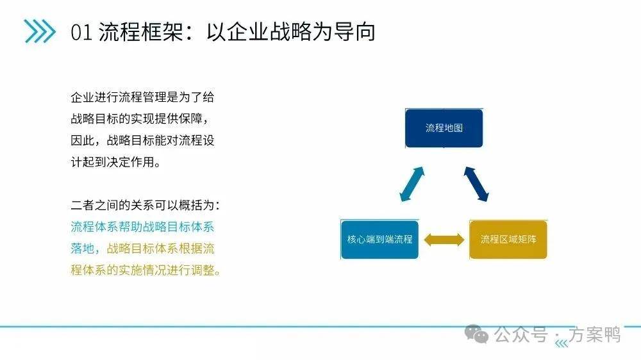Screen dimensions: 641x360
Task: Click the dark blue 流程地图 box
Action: point(444,128)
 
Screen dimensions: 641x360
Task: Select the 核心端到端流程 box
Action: point(379,240)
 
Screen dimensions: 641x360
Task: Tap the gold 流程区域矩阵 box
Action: point(508,240)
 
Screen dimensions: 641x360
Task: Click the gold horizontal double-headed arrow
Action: point(444,240)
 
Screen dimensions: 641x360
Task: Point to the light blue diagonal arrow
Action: point(412,184)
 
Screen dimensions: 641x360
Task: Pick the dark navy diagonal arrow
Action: point(476,184)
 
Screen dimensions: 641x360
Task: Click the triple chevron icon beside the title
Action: point(40,31)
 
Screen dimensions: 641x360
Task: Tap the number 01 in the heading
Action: point(81,32)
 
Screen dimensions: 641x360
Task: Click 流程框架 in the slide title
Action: point(140,31)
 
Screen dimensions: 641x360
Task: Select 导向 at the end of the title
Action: point(354,31)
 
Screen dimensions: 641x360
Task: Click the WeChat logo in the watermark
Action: point(477,334)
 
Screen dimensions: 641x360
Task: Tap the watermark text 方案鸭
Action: point(595,334)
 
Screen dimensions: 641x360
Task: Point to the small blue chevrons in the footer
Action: point(562,343)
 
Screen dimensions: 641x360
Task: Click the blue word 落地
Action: point(83,249)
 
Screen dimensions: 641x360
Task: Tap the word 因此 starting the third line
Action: point(83,140)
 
